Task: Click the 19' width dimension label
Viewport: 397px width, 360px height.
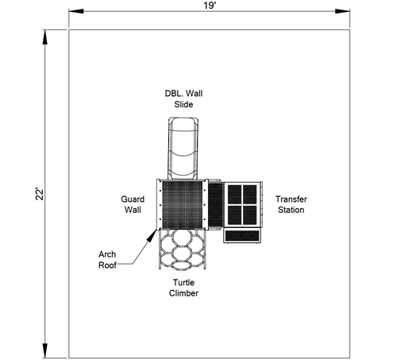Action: pos(210,6)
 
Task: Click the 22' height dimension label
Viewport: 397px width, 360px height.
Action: pos(40,194)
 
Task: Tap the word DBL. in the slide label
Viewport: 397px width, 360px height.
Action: pos(173,94)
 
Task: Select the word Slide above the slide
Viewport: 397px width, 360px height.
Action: pos(183,104)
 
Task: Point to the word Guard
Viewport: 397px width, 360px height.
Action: pos(133,199)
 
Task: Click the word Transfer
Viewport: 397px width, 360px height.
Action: pos(291,199)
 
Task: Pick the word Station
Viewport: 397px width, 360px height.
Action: pos(291,210)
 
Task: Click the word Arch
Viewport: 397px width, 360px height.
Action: pos(107,254)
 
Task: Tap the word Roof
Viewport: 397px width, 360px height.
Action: pos(107,265)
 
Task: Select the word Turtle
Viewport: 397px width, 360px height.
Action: pos(183,282)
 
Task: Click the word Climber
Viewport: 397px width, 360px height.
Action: pos(183,293)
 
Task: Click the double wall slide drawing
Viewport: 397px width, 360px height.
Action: pos(183,148)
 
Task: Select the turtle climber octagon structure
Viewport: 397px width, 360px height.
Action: pos(183,250)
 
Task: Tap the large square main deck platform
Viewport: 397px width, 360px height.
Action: pos(183,205)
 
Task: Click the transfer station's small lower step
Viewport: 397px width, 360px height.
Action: pos(242,236)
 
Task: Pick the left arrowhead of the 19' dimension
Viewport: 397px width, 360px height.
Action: pos(76,11)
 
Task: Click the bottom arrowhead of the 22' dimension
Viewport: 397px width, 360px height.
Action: pos(45,350)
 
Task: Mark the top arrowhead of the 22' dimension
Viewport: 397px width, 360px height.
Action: pos(45,37)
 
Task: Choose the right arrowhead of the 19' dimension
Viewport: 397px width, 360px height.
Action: pos(342,11)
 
